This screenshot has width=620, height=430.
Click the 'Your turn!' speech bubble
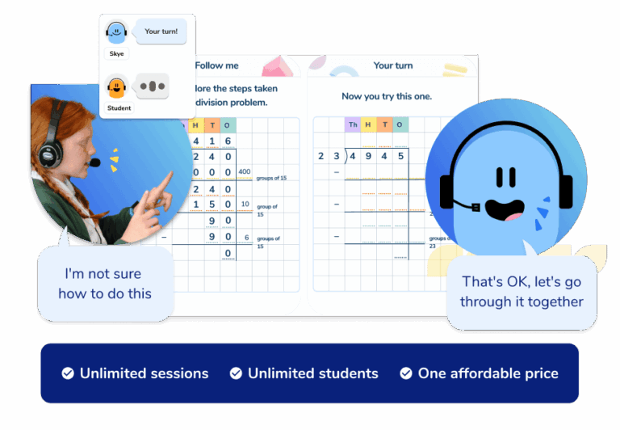[x=160, y=32]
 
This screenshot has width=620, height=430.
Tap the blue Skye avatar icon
[x=116, y=32]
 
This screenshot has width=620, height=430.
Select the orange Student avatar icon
[x=116, y=86]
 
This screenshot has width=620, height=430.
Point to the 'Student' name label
[x=119, y=107]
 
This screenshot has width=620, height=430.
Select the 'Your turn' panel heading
[x=393, y=65]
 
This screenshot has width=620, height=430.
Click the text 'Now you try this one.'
[x=387, y=96]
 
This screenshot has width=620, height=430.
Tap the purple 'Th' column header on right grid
[x=353, y=124]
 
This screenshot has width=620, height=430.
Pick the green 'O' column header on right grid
[x=400, y=124]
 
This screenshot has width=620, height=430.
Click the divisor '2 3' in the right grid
[x=329, y=156]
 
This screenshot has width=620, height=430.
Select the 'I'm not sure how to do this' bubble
[x=105, y=284]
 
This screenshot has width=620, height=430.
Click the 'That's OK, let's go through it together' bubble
[x=522, y=292]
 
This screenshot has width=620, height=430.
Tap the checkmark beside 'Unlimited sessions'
[x=69, y=373]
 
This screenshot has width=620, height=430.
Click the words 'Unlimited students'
[x=312, y=373]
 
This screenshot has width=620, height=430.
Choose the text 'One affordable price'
[x=488, y=373]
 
